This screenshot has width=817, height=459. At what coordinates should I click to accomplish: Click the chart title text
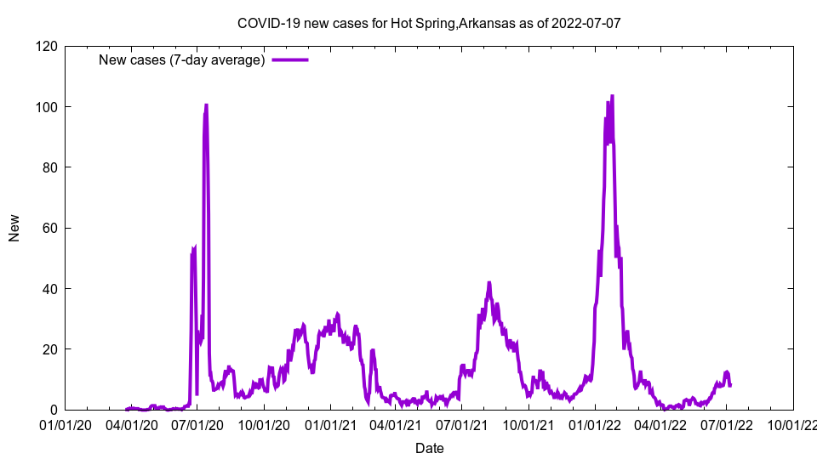point(429,23)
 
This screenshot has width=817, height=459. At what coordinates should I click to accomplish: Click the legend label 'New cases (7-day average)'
point(182,59)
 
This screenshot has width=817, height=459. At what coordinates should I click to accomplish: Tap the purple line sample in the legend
point(290,59)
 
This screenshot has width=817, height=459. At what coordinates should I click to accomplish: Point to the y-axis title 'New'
point(14,228)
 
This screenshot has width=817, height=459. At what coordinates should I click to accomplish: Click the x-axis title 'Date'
point(429,448)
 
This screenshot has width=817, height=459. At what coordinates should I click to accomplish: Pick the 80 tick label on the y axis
point(49,167)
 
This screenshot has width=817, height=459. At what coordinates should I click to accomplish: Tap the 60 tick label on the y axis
point(49,228)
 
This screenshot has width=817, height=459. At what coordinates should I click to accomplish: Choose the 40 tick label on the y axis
point(49,289)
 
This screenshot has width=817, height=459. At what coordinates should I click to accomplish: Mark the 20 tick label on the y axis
point(49,349)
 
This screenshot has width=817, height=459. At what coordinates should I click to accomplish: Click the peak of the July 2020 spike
point(206,105)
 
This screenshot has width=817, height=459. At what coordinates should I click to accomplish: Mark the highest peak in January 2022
point(612,95)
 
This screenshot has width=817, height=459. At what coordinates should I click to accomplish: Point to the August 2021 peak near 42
point(489,282)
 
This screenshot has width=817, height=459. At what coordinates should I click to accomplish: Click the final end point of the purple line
point(730,386)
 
